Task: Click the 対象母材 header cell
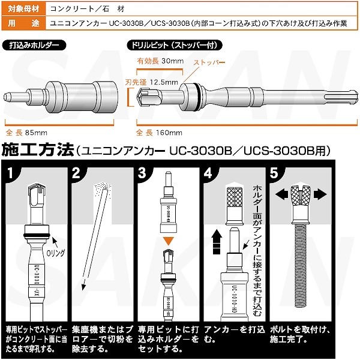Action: pos(22,9)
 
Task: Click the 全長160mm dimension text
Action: pos(159,131)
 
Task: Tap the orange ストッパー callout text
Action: pos(209,63)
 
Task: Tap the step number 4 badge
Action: pos(208,174)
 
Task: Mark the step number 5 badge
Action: pos(274,174)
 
